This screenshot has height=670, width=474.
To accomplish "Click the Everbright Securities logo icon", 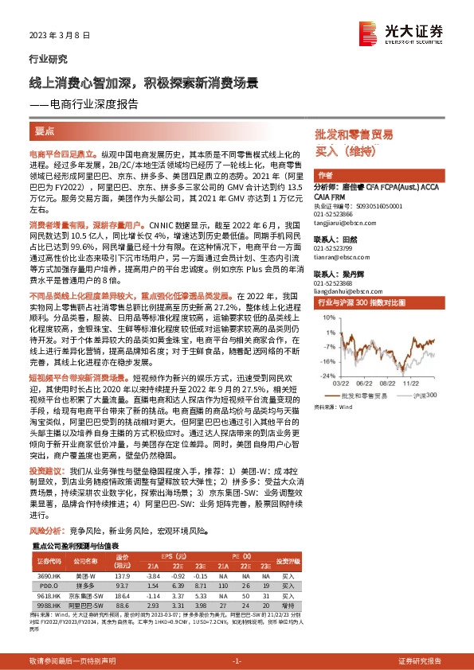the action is pos(368,31).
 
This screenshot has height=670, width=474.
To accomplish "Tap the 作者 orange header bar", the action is pos(324,175).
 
